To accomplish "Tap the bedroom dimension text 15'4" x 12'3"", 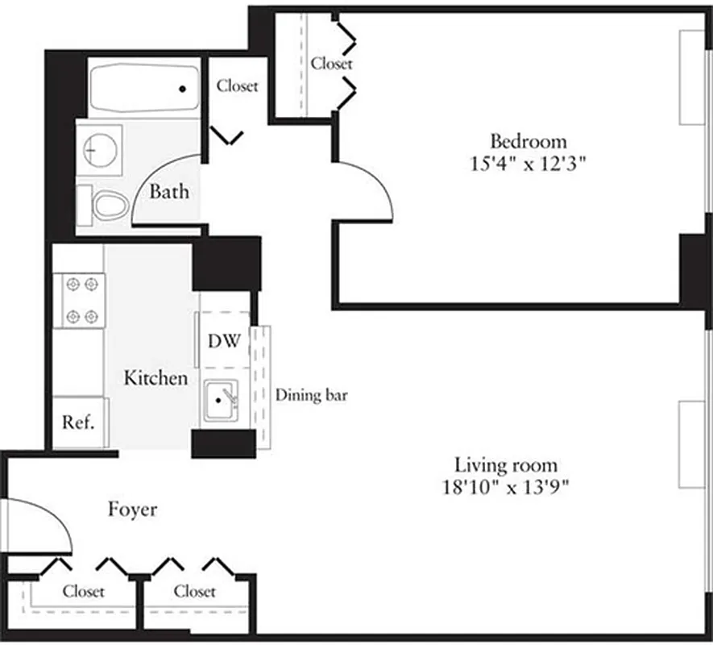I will point(527,164).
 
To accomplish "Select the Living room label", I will point(506,464).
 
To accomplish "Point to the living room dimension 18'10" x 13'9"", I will point(506,487).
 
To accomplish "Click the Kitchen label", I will point(155,377).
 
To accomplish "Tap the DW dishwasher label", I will point(224,340).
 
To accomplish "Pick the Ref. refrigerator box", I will point(79,422).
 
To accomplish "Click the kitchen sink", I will point(219,401).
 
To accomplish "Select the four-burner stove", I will point(80,300).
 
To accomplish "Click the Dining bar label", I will point(312,396).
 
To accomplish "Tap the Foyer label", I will point(132,510).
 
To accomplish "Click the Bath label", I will point(170,192).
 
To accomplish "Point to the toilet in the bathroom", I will point(107,204).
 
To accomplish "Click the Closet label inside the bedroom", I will point(332,63).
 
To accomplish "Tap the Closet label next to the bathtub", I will point(238,85).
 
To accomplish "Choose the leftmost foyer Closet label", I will point(84,591).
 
